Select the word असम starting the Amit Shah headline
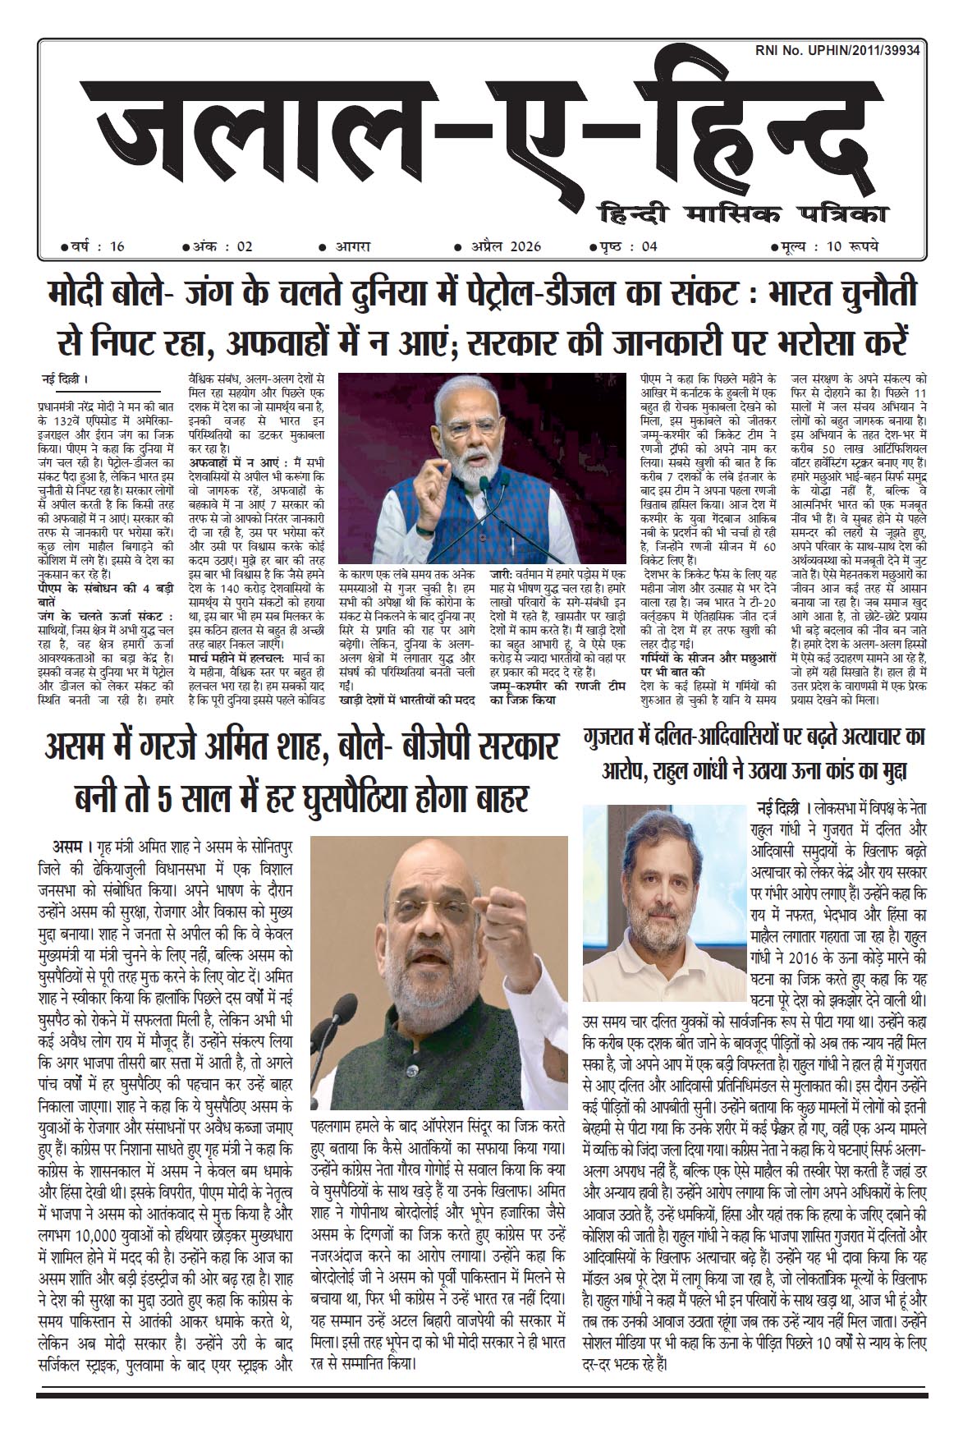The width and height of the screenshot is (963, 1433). click(80, 750)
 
